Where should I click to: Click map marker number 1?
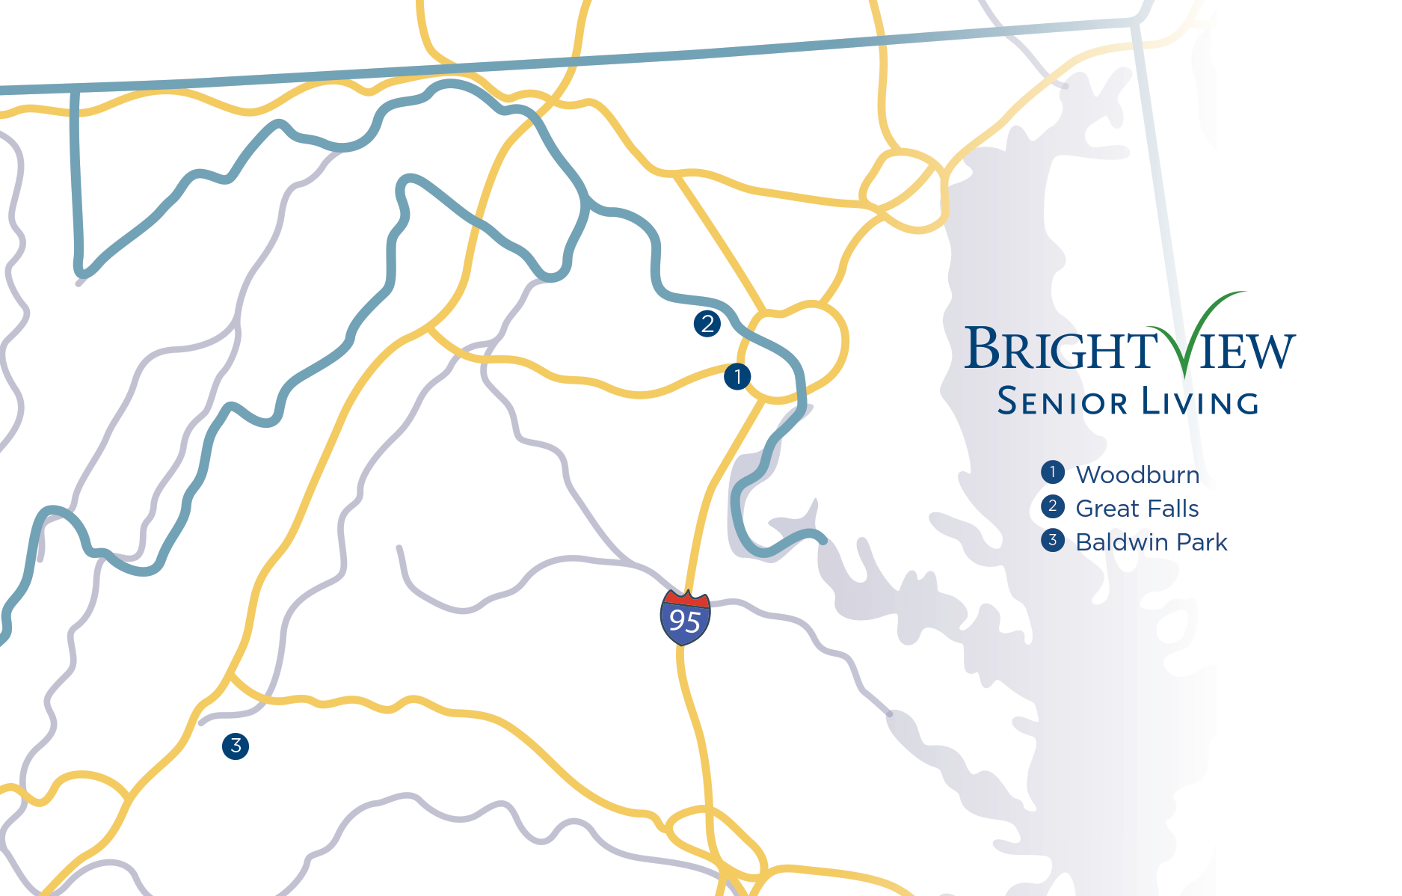point(737,376)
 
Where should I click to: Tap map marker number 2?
point(707,324)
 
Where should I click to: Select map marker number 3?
point(236,746)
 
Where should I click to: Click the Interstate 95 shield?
point(685,617)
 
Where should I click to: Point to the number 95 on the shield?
point(685,622)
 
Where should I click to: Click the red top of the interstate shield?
point(686,599)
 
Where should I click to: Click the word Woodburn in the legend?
point(1137,475)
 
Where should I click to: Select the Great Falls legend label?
point(1137,509)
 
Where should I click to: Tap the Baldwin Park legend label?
point(1151,542)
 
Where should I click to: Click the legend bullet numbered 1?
point(1053,472)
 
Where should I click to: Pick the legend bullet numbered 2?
point(1053,506)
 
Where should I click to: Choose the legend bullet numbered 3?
point(1053,540)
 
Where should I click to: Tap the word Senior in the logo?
point(1062,402)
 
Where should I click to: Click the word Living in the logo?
point(1200,402)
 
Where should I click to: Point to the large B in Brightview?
point(982,348)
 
